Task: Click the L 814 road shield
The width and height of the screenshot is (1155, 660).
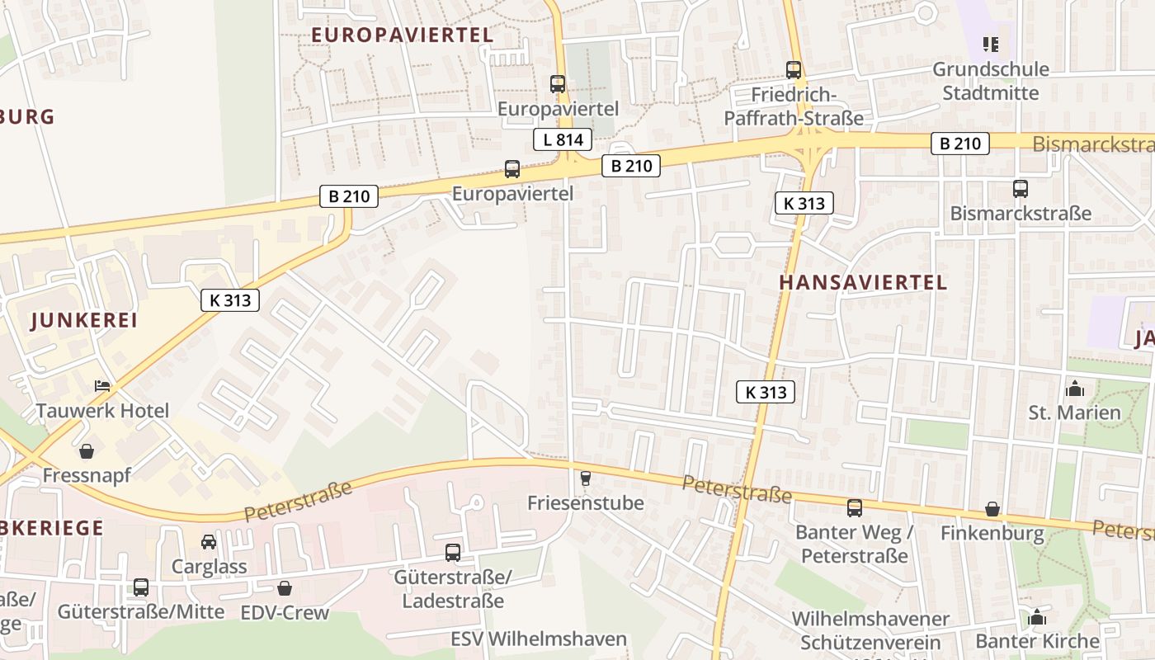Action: pos(563,139)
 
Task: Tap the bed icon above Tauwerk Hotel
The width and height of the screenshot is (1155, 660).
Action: pos(102,385)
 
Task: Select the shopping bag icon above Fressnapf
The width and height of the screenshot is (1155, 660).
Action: pos(87,450)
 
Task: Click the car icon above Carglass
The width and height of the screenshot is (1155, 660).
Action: pos(209,542)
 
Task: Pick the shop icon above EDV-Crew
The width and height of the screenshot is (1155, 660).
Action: pos(285,588)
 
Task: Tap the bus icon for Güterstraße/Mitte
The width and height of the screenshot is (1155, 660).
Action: pos(141,587)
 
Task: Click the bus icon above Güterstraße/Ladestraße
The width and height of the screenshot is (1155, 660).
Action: pos(453,553)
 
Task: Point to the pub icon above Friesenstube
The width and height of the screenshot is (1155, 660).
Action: pos(586,478)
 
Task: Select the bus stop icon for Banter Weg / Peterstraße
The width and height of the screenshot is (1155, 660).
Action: pos(855,508)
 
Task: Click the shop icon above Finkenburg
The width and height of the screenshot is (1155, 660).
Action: pos(992,509)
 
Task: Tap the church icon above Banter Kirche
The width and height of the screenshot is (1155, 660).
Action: pos(1037,617)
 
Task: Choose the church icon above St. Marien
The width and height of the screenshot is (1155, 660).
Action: pos(1074,388)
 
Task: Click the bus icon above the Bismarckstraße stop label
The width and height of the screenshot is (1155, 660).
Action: pos(1021,189)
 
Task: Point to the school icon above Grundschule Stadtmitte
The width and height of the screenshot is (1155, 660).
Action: pos(991,44)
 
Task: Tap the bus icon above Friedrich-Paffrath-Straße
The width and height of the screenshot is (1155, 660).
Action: pos(794,70)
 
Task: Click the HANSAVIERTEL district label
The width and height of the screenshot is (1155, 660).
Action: pos(863,282)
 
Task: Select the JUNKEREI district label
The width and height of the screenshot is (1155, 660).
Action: pos(84,321)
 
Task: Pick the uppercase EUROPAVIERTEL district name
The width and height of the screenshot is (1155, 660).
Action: pos(403,35)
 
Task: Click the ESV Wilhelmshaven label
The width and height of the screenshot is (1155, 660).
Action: pos(539,639)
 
